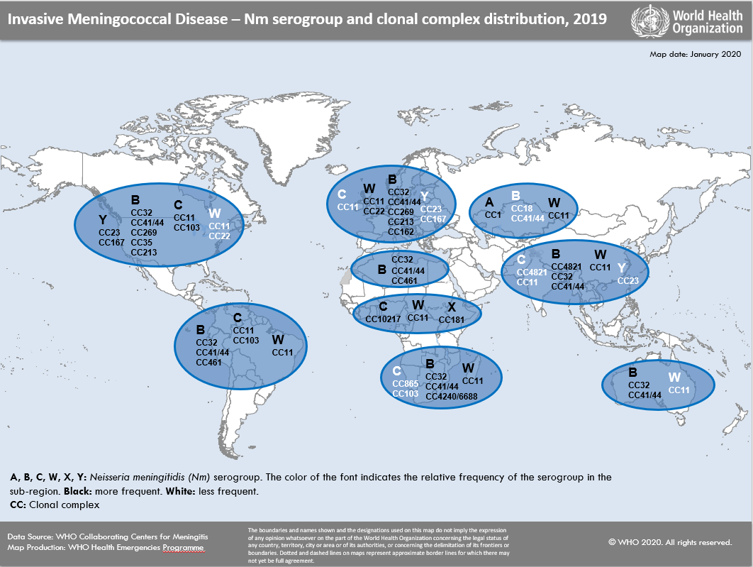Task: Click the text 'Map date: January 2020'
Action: (695, 54)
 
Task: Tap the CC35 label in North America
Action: (141, 242)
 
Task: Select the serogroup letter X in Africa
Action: (451, 307)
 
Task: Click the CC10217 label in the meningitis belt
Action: (384, 319)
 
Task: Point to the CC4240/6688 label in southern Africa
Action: (451, 396)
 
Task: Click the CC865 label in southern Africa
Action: (405, 383)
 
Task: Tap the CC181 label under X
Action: (451, 320)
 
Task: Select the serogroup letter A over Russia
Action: (489, 202)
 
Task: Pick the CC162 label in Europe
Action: (401, 231)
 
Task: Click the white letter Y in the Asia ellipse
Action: (622, 268)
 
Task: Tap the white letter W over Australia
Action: (674, 378)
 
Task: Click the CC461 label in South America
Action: (208, 363)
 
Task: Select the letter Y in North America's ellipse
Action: (102, 220)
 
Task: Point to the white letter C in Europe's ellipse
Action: (341, 194)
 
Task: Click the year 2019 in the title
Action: (589, 19)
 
